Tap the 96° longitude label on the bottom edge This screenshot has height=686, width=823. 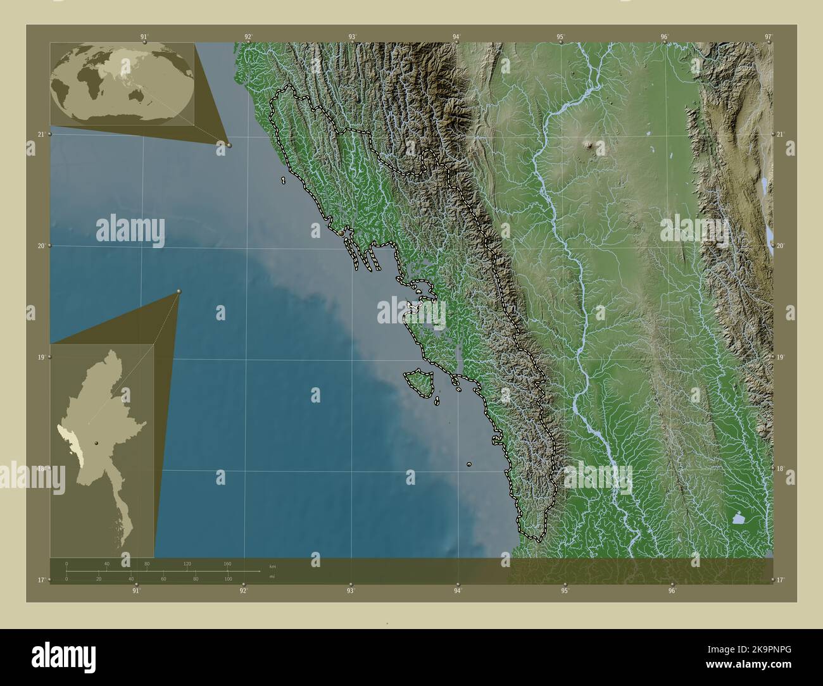click(672, 590)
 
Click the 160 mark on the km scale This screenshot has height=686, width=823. click(227, 563)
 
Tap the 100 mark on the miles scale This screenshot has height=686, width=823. click(227, 579)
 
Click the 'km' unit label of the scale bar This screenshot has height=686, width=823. click(272, 566)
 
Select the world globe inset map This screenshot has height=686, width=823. click(122, 84)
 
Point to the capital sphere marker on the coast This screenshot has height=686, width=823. click(341, 234)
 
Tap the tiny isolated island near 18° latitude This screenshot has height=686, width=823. click(469, 465)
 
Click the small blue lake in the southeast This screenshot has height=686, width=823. click(739, 520)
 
